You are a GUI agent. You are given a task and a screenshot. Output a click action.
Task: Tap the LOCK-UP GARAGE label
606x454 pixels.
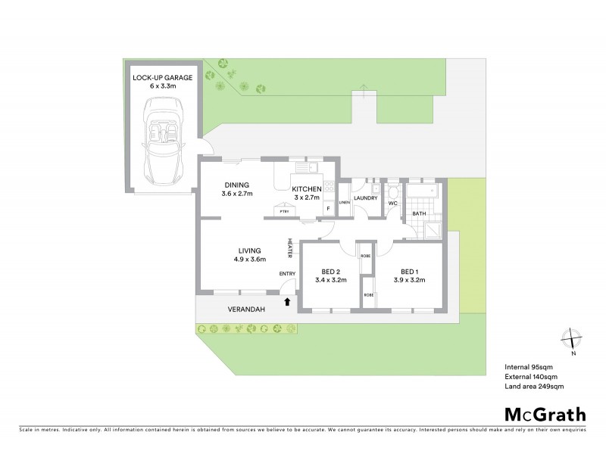164,78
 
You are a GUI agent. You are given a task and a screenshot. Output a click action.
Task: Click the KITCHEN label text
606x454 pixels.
307,189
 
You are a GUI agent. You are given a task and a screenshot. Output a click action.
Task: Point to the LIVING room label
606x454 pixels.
249,250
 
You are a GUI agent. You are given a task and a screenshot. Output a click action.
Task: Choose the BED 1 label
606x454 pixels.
410,272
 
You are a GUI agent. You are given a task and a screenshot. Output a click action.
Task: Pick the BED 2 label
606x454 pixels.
330,272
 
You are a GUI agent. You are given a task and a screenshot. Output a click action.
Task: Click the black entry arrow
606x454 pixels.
287,302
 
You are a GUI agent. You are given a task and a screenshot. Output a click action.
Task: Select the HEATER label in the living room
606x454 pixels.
289,247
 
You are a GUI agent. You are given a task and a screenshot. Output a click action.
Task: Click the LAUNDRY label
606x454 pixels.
365,198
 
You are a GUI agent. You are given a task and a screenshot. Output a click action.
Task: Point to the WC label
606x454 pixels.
393,203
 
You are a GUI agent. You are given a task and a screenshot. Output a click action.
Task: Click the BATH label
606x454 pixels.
419,214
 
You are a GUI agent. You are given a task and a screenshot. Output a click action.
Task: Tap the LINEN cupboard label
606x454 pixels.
344,202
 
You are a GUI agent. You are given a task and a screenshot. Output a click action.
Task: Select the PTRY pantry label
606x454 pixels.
285,213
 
